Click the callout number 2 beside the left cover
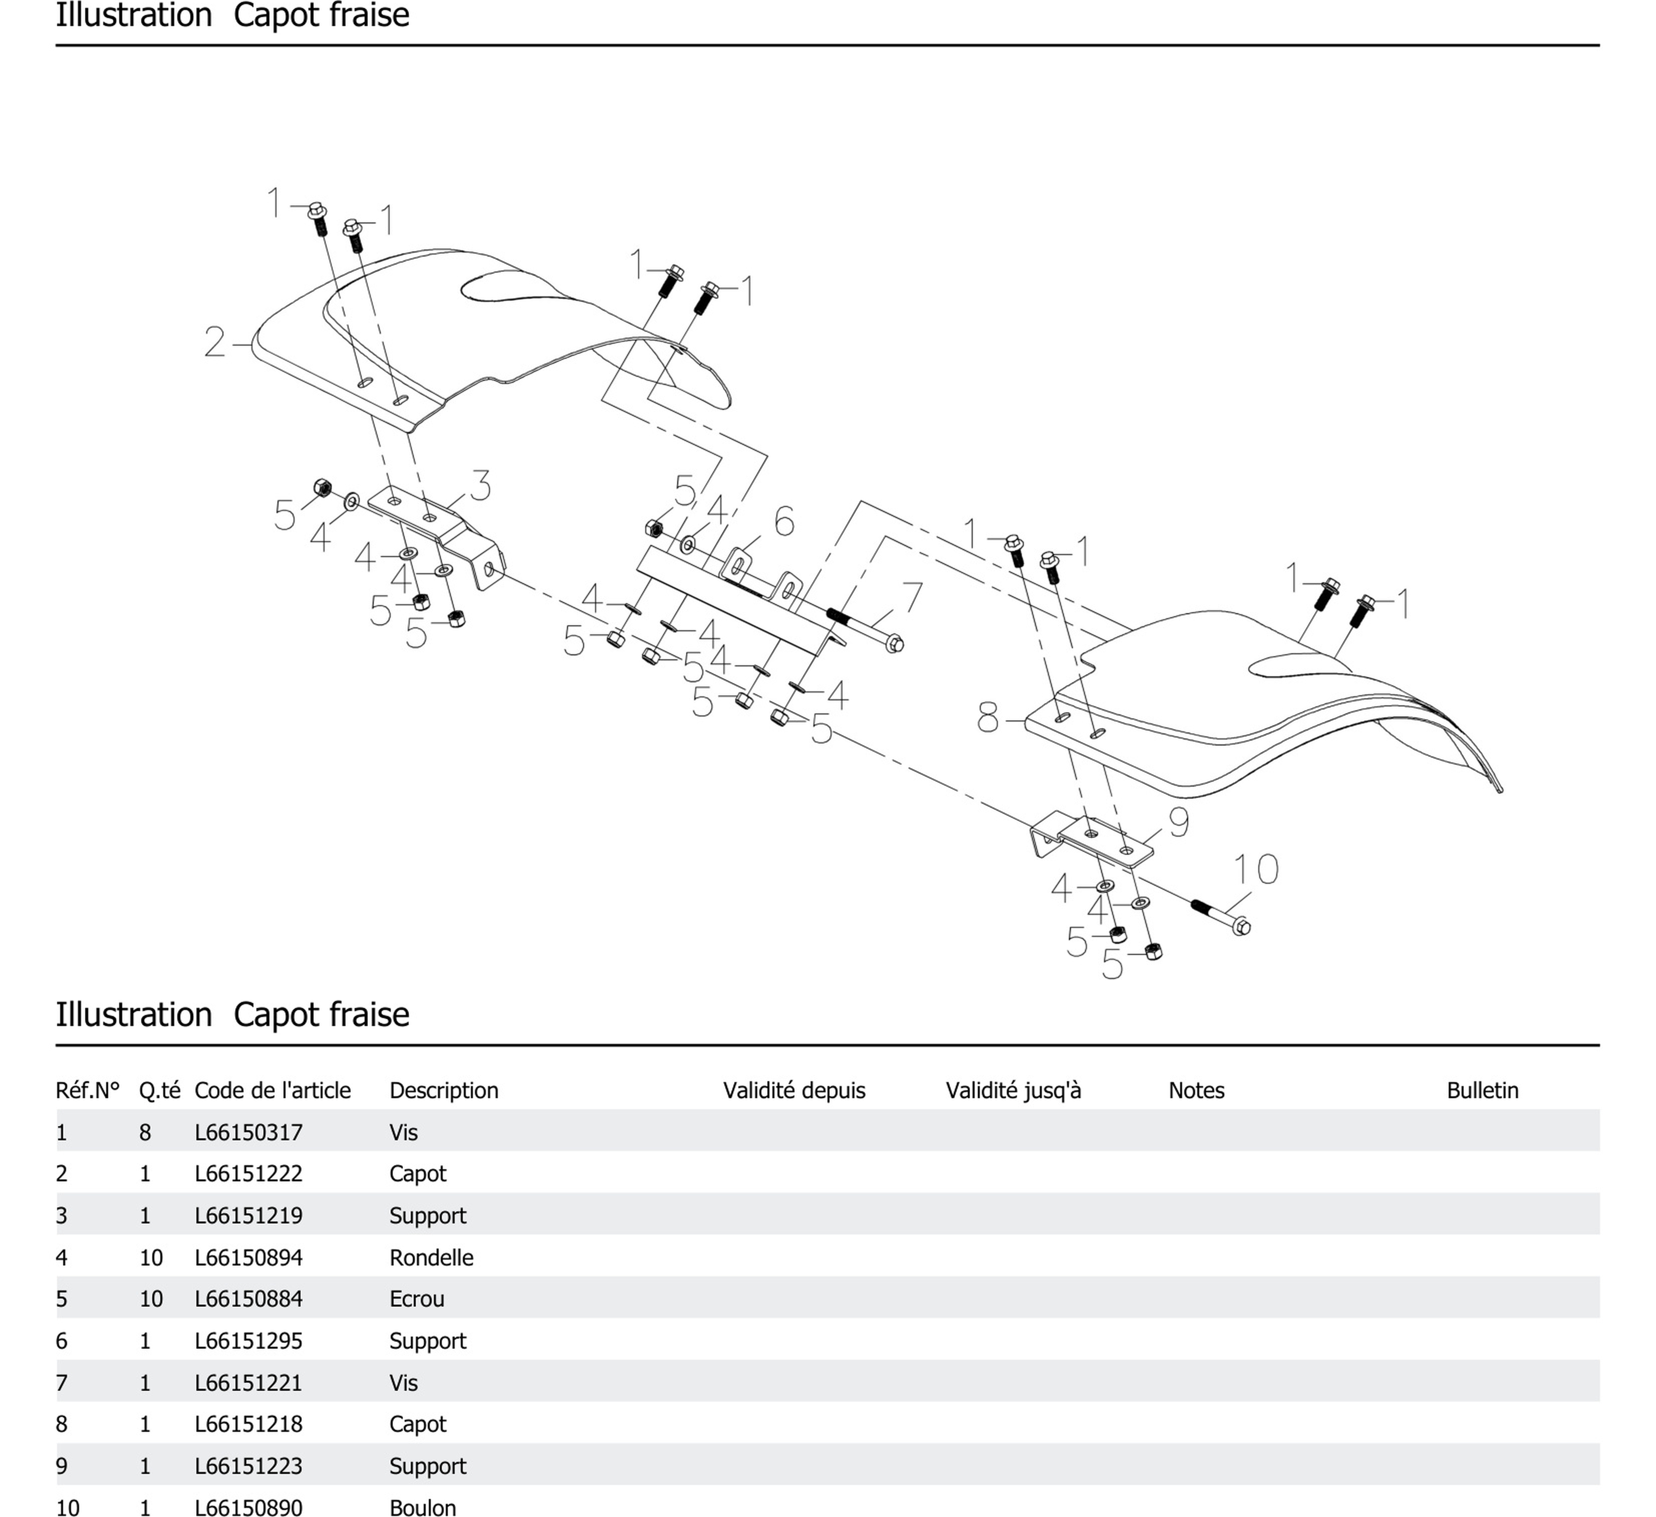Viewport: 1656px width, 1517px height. coord(214,343)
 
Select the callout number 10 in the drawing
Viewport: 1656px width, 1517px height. coord(1256,869)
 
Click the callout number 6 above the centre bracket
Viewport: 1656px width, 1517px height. coord(784,521)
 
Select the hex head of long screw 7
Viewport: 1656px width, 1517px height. coord(895,643)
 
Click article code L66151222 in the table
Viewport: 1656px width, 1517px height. coord(248,1173)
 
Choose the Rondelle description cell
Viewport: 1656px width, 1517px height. coord(431,1257)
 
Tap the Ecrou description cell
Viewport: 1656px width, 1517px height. coord(416,1299)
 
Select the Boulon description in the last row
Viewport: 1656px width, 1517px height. coord(422,1507)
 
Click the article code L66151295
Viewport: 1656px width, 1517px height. coord(248,1341)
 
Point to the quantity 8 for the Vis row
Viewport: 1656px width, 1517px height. coord(145,1132)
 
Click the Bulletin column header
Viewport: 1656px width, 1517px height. coord(1482,1091)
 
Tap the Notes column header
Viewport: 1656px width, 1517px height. coord(1196,1091)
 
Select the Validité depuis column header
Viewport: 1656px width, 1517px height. coord(793,1091)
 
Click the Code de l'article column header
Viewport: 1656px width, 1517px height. coord(272,1091)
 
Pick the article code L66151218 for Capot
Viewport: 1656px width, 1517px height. coord(248,1424)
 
